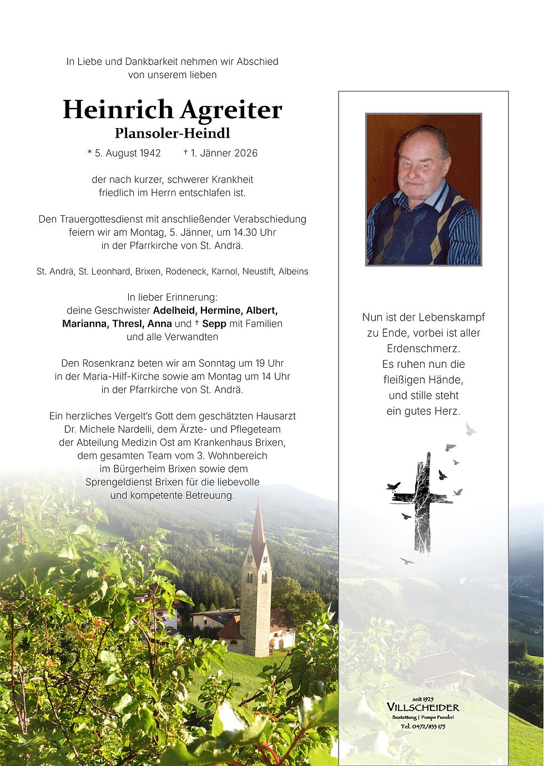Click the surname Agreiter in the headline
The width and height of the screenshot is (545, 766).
[231, 110]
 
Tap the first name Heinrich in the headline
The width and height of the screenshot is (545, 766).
[118, 109]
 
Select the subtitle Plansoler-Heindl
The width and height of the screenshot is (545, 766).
[172, 133]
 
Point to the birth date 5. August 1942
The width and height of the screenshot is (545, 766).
[127, 153]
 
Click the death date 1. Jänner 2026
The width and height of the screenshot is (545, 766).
[224, 153]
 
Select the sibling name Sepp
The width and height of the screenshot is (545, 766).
[214, 324]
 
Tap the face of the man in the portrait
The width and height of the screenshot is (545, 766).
[421, 164]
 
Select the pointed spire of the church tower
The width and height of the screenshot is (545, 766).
[258, 524]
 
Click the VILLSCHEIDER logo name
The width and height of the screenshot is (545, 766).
[423, 707]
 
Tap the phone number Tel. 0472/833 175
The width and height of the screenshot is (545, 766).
[423, 727]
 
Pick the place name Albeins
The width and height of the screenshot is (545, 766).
[294, 272]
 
